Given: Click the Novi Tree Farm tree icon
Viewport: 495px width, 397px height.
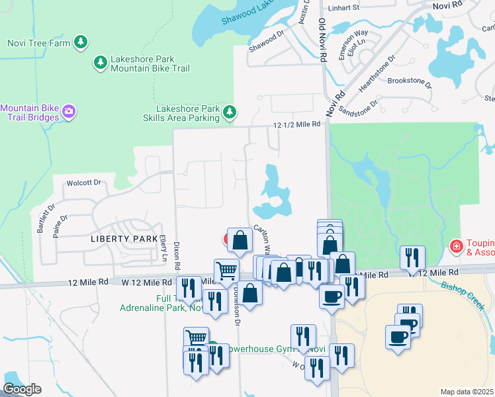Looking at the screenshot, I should coord(81,43).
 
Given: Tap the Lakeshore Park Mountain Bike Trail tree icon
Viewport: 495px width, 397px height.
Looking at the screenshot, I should coord(101,63).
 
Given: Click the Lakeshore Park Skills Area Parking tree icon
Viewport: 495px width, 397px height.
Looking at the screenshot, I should coord(230,112).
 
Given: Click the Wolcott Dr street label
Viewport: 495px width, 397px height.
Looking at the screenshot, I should coord(83,183).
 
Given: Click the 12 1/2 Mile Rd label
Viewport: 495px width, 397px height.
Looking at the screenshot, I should coord(297,124).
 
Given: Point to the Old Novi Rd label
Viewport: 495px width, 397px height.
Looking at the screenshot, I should coord(322,40).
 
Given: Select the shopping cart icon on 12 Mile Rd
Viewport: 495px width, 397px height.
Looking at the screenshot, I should coord(226,270).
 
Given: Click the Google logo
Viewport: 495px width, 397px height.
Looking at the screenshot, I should coord(22,388).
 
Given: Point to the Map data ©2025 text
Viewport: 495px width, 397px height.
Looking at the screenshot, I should coord(467,392).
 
